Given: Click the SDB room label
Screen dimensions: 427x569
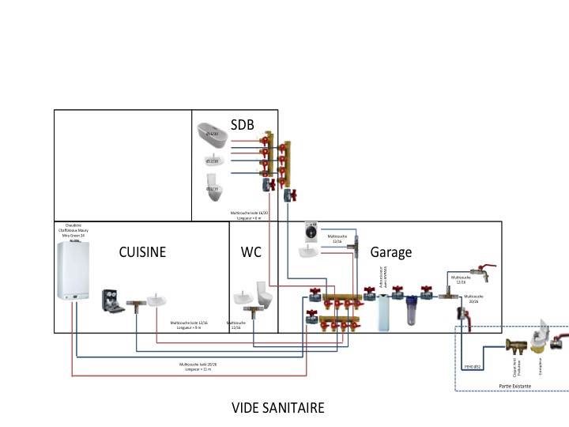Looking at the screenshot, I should [x=242, y=125].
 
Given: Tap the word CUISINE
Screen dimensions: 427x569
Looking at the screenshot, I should [x=142, y=252].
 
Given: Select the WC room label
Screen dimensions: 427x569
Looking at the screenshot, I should [x=251, y=252].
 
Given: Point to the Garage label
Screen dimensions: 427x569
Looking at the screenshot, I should [x=391, y=252].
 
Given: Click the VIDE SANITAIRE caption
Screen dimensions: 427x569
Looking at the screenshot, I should [x=277, y=408].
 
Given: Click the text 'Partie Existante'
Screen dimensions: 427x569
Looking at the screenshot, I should [x=515, y=385].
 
